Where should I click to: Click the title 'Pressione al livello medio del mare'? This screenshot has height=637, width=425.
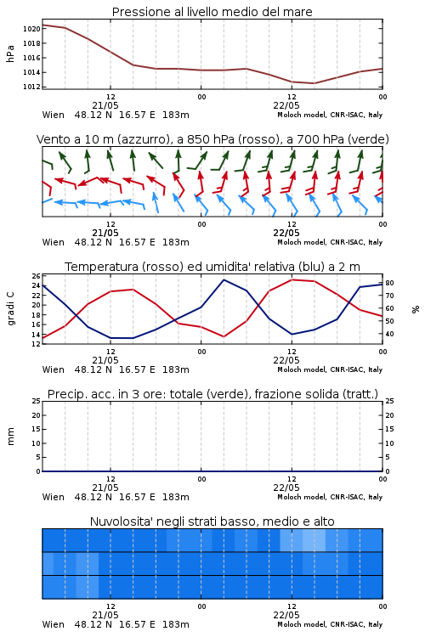[x=212, y=12]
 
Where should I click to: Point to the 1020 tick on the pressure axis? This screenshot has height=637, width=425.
[x=31, y=29]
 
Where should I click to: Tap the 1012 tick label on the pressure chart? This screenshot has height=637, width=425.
[x=31, y=87]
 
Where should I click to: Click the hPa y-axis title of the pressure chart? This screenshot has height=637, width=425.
[x=10, y=54]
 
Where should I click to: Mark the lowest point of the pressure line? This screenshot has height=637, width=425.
[x=314, y=83]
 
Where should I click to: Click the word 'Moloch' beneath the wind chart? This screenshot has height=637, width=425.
[x=289, y=242]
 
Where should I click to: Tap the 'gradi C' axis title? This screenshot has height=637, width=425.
[x=10, y=309]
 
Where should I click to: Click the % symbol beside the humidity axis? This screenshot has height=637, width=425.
[x=416, y=309]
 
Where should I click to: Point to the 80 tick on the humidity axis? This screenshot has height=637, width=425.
[x=389, y=283]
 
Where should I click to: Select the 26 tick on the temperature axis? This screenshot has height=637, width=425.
[x=36, y=276]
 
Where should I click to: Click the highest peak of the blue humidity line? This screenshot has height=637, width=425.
[x=224, y=279]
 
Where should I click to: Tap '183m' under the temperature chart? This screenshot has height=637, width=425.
[x=176, y=369]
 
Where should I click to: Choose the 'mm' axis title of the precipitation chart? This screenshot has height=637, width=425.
[x=10, y=437]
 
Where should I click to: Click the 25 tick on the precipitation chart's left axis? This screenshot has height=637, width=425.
[x=36, y=401]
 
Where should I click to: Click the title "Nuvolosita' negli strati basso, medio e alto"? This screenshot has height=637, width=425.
[x=212, y=521]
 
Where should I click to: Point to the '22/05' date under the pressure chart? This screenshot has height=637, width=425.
[x=286, y=105]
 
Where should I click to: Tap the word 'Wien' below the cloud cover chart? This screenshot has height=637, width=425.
[x=54, y=624]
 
